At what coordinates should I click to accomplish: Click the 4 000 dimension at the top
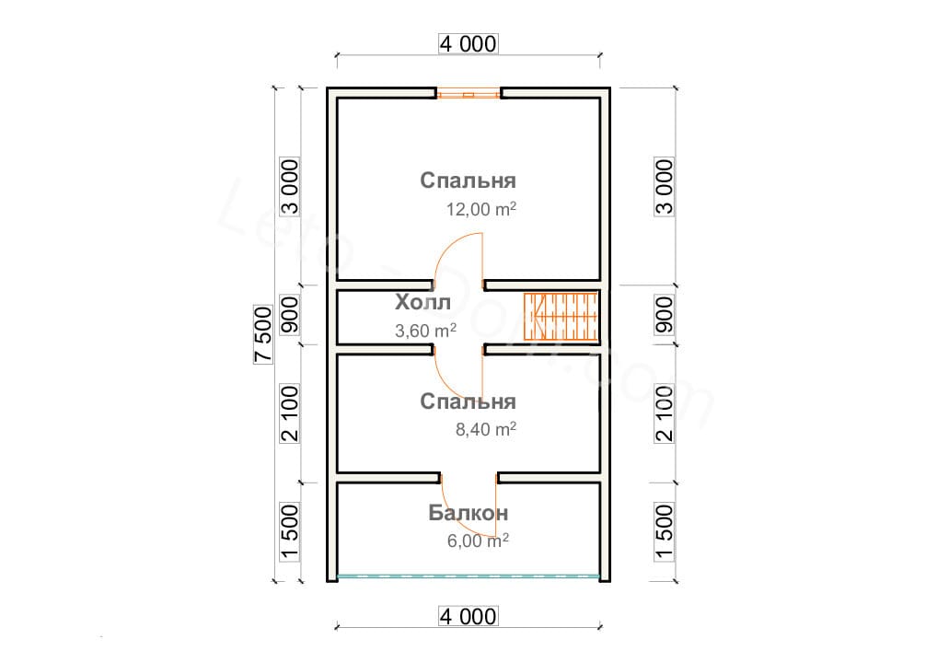[x=468, y=43]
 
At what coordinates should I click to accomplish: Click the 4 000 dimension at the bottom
[x=468, y=616]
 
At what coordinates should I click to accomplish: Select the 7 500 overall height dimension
[x=263, y=334]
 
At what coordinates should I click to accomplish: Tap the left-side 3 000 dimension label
[x=289, y=187]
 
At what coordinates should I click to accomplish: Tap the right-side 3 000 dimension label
[x=664, y=187]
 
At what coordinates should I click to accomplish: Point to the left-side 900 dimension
[x=289, y=315]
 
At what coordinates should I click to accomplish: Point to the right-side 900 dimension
[x=664, y=315]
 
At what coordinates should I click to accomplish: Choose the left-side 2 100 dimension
[x=289, y=413]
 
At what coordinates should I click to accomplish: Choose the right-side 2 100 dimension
[x=664, y=413]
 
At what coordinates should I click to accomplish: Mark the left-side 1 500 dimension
[x=289, y=531]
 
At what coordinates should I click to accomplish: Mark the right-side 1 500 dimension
[x=664, y=531]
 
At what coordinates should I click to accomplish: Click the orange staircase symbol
[x=561, y=317]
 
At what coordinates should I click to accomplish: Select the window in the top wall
[x=468, y=94]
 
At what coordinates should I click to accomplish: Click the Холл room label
[x=423, y=303]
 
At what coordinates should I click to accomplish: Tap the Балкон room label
[x=468, y=513]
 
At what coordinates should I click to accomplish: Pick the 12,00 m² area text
[x=481, y=209]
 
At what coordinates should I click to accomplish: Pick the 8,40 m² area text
[x=486, y=429]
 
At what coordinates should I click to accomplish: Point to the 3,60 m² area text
[x=425, y=330]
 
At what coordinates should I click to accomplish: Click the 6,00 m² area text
[x=478, y=541]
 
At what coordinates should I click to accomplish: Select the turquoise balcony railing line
[x=468, y=577]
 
